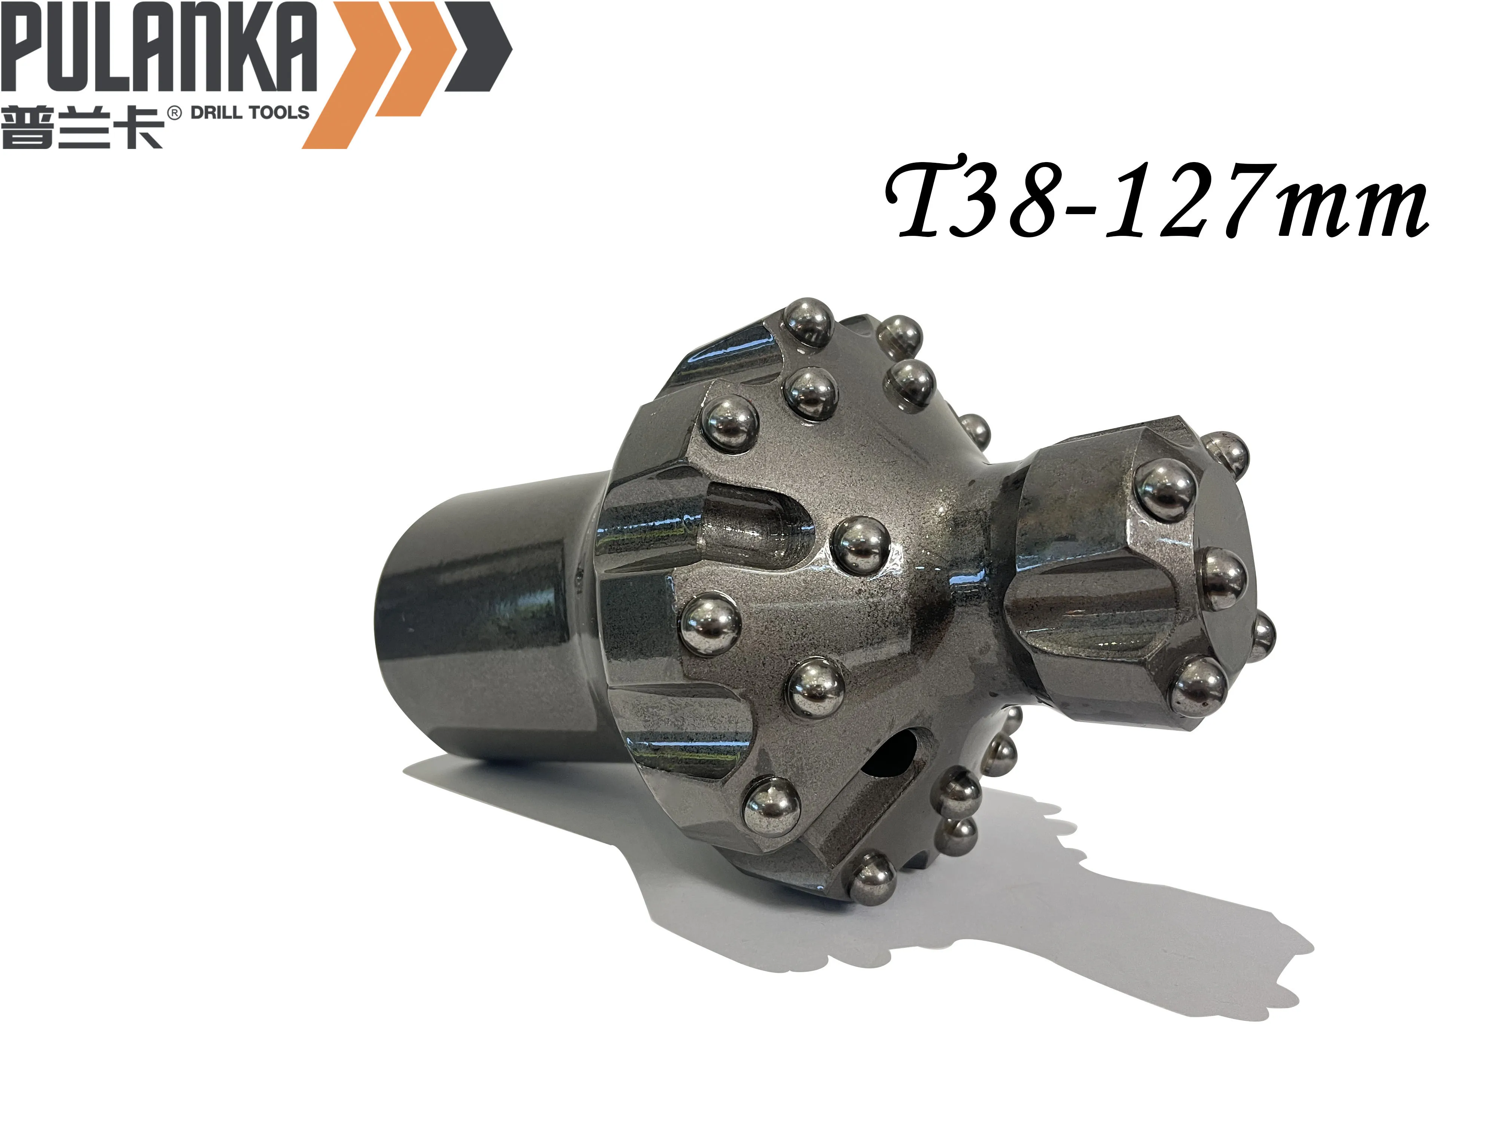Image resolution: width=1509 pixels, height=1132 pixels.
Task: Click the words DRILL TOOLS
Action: (250, 113)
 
